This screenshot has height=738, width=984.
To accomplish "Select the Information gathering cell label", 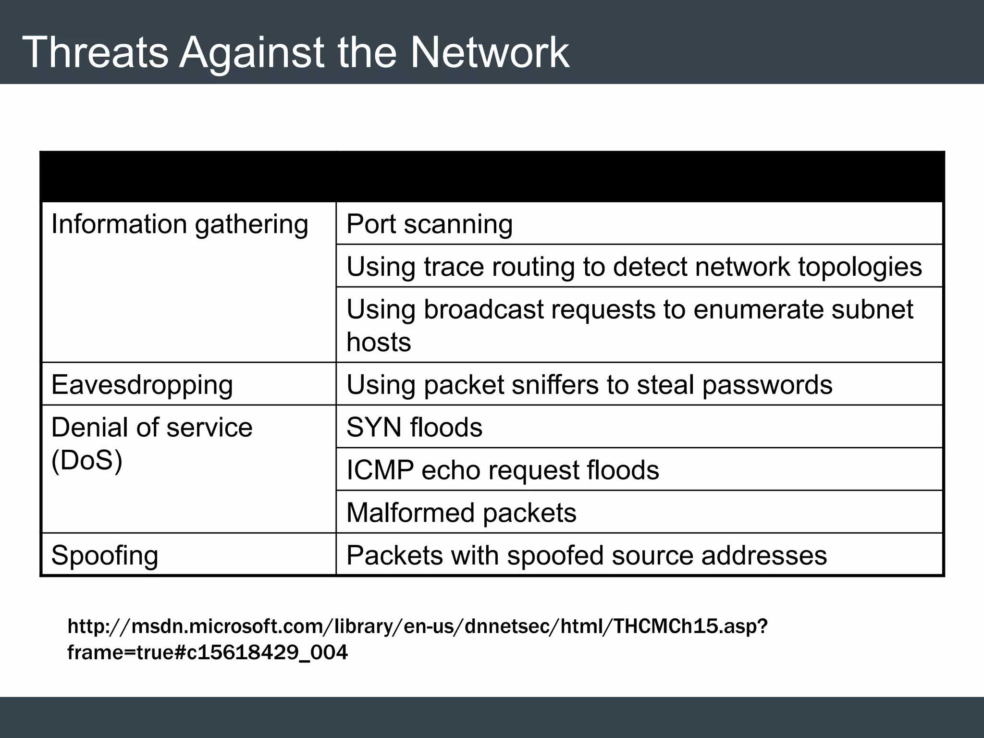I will click(180, 224).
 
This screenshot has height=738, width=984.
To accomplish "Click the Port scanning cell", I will click(430, 224).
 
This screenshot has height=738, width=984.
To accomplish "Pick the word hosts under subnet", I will click(379, 342).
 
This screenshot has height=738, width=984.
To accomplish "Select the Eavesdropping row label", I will click(142, 385).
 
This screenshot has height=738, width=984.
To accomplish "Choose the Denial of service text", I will click(151, 427).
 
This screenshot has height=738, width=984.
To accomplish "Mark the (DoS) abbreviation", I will click(86, 460).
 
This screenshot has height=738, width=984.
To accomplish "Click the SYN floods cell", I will click(414, 427).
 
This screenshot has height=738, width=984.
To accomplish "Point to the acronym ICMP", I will click(380, 470).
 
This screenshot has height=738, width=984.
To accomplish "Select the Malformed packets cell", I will click(461, 513).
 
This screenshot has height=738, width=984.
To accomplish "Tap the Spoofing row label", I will click(105, 555).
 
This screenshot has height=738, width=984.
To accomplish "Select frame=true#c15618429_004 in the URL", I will click(207, 652).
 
